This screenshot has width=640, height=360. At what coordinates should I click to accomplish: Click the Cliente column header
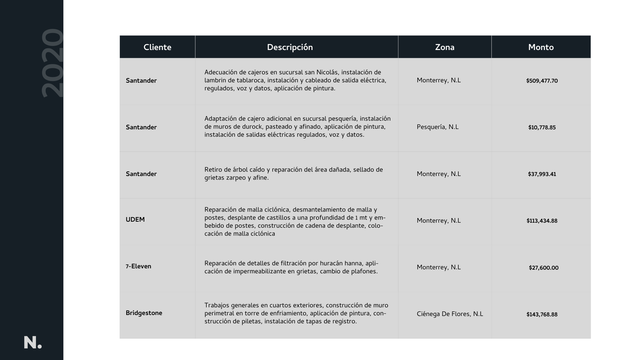157,47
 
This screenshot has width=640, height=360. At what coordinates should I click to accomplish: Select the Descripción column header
290,47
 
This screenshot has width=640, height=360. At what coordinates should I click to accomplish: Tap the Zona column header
444,47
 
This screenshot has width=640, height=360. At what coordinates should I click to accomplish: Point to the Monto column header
541,47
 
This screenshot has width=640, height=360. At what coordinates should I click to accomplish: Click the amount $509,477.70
542,81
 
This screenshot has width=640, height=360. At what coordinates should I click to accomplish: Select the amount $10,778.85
542,128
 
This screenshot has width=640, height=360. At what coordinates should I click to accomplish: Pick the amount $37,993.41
542,174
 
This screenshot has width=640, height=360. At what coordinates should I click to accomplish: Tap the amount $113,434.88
542,221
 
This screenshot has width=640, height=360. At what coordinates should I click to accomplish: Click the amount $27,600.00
543,268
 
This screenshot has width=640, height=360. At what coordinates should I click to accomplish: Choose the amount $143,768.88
542,315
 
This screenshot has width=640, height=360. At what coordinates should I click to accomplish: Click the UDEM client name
135,220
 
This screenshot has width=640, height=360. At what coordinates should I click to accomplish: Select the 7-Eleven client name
138,266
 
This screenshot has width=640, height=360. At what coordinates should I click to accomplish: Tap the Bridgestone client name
144,313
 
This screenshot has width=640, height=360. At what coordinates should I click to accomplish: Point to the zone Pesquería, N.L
437,127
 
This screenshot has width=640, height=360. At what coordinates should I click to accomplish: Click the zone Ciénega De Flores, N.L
450,314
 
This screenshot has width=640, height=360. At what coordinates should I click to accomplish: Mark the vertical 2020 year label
52,63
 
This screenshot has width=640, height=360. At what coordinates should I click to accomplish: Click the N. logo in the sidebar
33,343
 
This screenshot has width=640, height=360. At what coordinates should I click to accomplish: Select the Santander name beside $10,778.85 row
141,127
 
